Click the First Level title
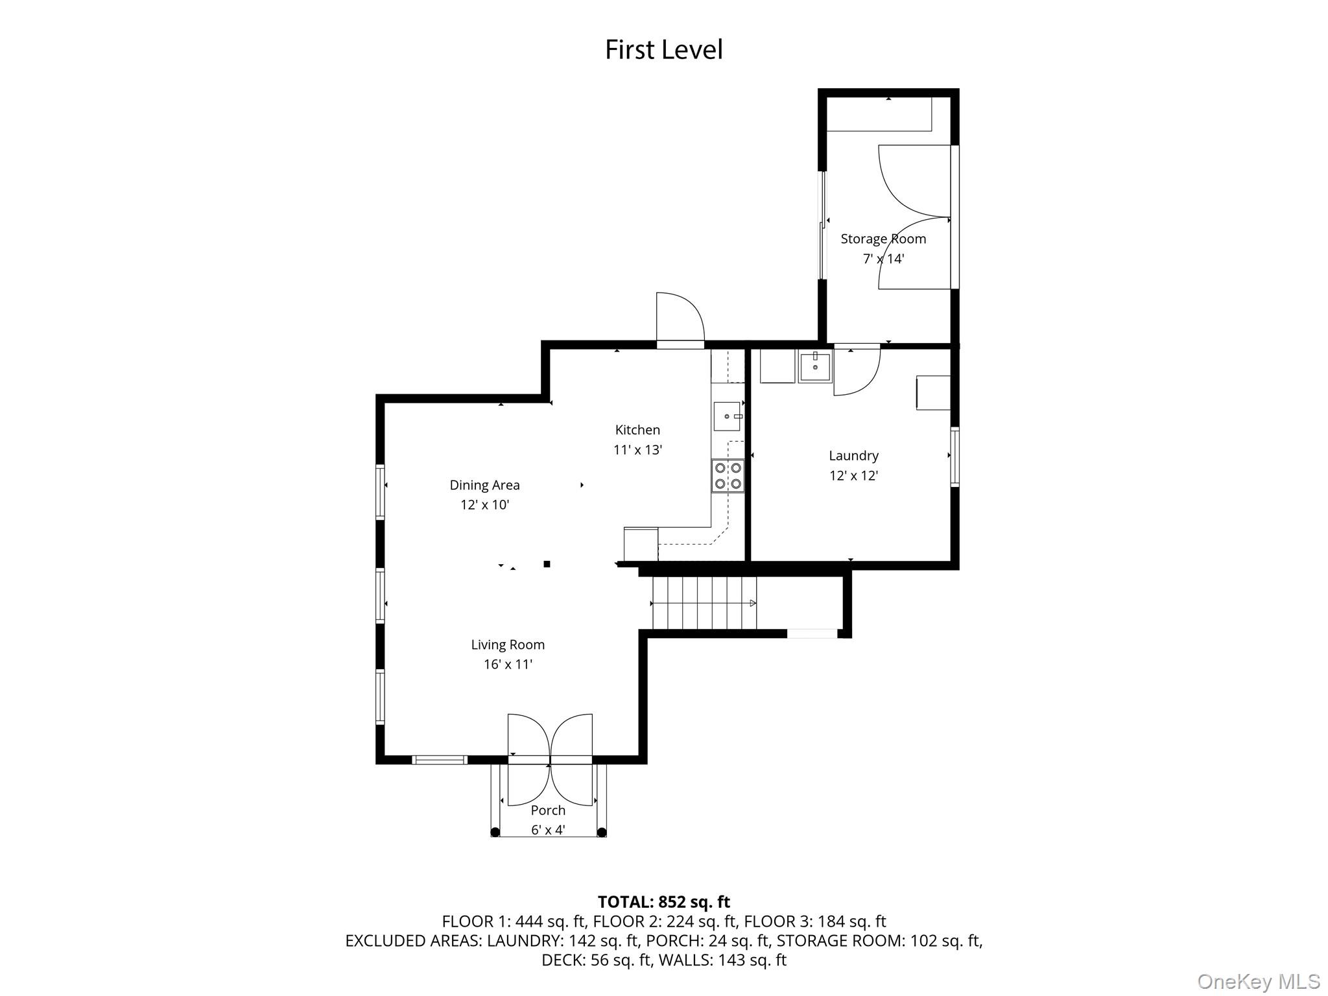click(663, 50)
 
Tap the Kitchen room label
click(637, 430)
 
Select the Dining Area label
click(484, 485)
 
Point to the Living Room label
click(508, 645)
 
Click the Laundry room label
click(853, 456)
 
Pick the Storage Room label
click(883, 239)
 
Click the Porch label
click(548, 811)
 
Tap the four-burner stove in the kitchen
click(728, 475)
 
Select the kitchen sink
click(728, 416)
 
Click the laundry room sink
click(815, 367)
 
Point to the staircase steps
click(704, 603)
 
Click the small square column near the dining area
click(547, 564)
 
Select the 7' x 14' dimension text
click(883, 259)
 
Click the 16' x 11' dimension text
click(508, 665)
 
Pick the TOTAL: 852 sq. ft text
click(663, 902)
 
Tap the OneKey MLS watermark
click(1259, 981)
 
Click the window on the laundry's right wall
click(954, 456)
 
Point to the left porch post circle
click(495, 832)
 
